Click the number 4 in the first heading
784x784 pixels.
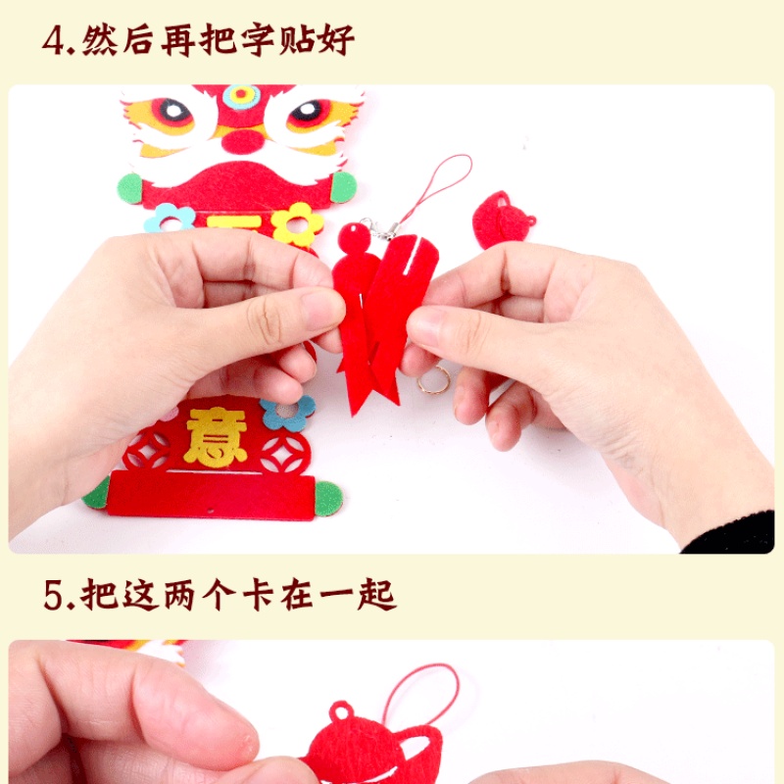point(53,40)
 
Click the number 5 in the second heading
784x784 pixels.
point(53,595)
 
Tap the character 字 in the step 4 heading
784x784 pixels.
point(258,39)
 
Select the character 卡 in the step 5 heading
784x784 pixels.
point(258,595)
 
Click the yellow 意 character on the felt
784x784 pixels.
point(216,436)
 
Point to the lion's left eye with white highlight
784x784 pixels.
point(172,112)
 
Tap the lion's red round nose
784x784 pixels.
point(243,140)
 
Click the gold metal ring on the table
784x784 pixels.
point(433,380)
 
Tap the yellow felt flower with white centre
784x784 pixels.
point(297,224)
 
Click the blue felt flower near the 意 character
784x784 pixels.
point(288,412)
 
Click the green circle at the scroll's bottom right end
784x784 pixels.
point(328,496)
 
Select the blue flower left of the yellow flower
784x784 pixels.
point(170,218)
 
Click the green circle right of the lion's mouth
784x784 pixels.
point(344,187)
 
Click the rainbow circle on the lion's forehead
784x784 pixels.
point(242,96)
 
